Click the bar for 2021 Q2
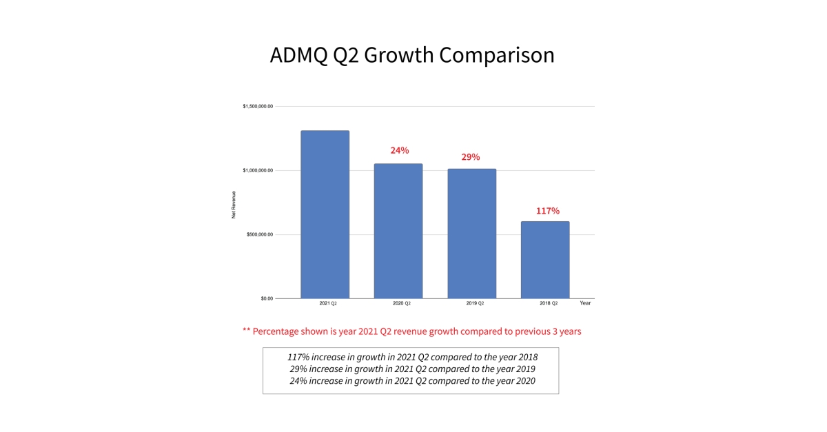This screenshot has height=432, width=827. tap(325, 214)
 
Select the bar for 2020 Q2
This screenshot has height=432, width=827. tap(398, 231)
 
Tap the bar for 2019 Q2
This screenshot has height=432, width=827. tap(471, 234)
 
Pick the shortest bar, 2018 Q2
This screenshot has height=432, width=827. tap(545, 260)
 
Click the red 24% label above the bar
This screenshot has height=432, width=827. tap(400, 150)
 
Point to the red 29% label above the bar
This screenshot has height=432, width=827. tap(471, 157)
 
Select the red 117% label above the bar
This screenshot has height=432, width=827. tap(548, 211)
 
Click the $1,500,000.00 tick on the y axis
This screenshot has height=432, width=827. tap(258, 107)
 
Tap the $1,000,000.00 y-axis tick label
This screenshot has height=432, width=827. tap(258, 170)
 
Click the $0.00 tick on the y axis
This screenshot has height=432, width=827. tap(267, 298)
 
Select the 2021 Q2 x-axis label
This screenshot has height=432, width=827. tap(328, 303)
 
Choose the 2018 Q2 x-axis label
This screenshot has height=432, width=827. tap(549, 303)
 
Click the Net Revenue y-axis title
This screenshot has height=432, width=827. tap(234, 205)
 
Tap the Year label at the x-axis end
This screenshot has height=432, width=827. tap(585, 302)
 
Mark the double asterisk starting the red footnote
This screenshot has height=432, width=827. tap(246, 331)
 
